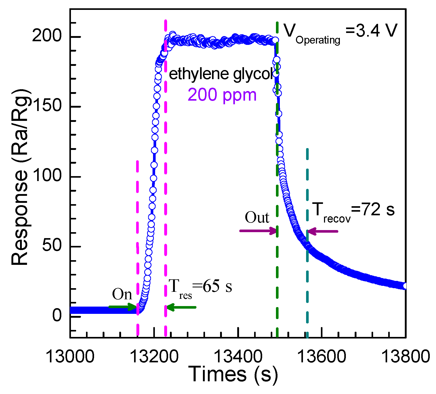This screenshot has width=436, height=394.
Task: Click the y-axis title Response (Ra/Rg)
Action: pos(20,177)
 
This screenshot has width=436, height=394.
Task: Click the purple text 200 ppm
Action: pos(222,95)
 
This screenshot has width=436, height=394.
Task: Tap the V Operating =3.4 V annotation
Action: pos(340,32)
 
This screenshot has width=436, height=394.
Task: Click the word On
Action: pos(122,294)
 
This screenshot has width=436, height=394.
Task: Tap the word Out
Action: pos(257,217)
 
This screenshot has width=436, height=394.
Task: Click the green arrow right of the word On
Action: pos(122,307)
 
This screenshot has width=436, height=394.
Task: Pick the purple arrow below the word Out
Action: pos(258,231)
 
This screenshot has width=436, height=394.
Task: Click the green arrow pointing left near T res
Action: pos(181,307)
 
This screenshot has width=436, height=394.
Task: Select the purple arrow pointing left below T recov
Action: pos(323,231)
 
